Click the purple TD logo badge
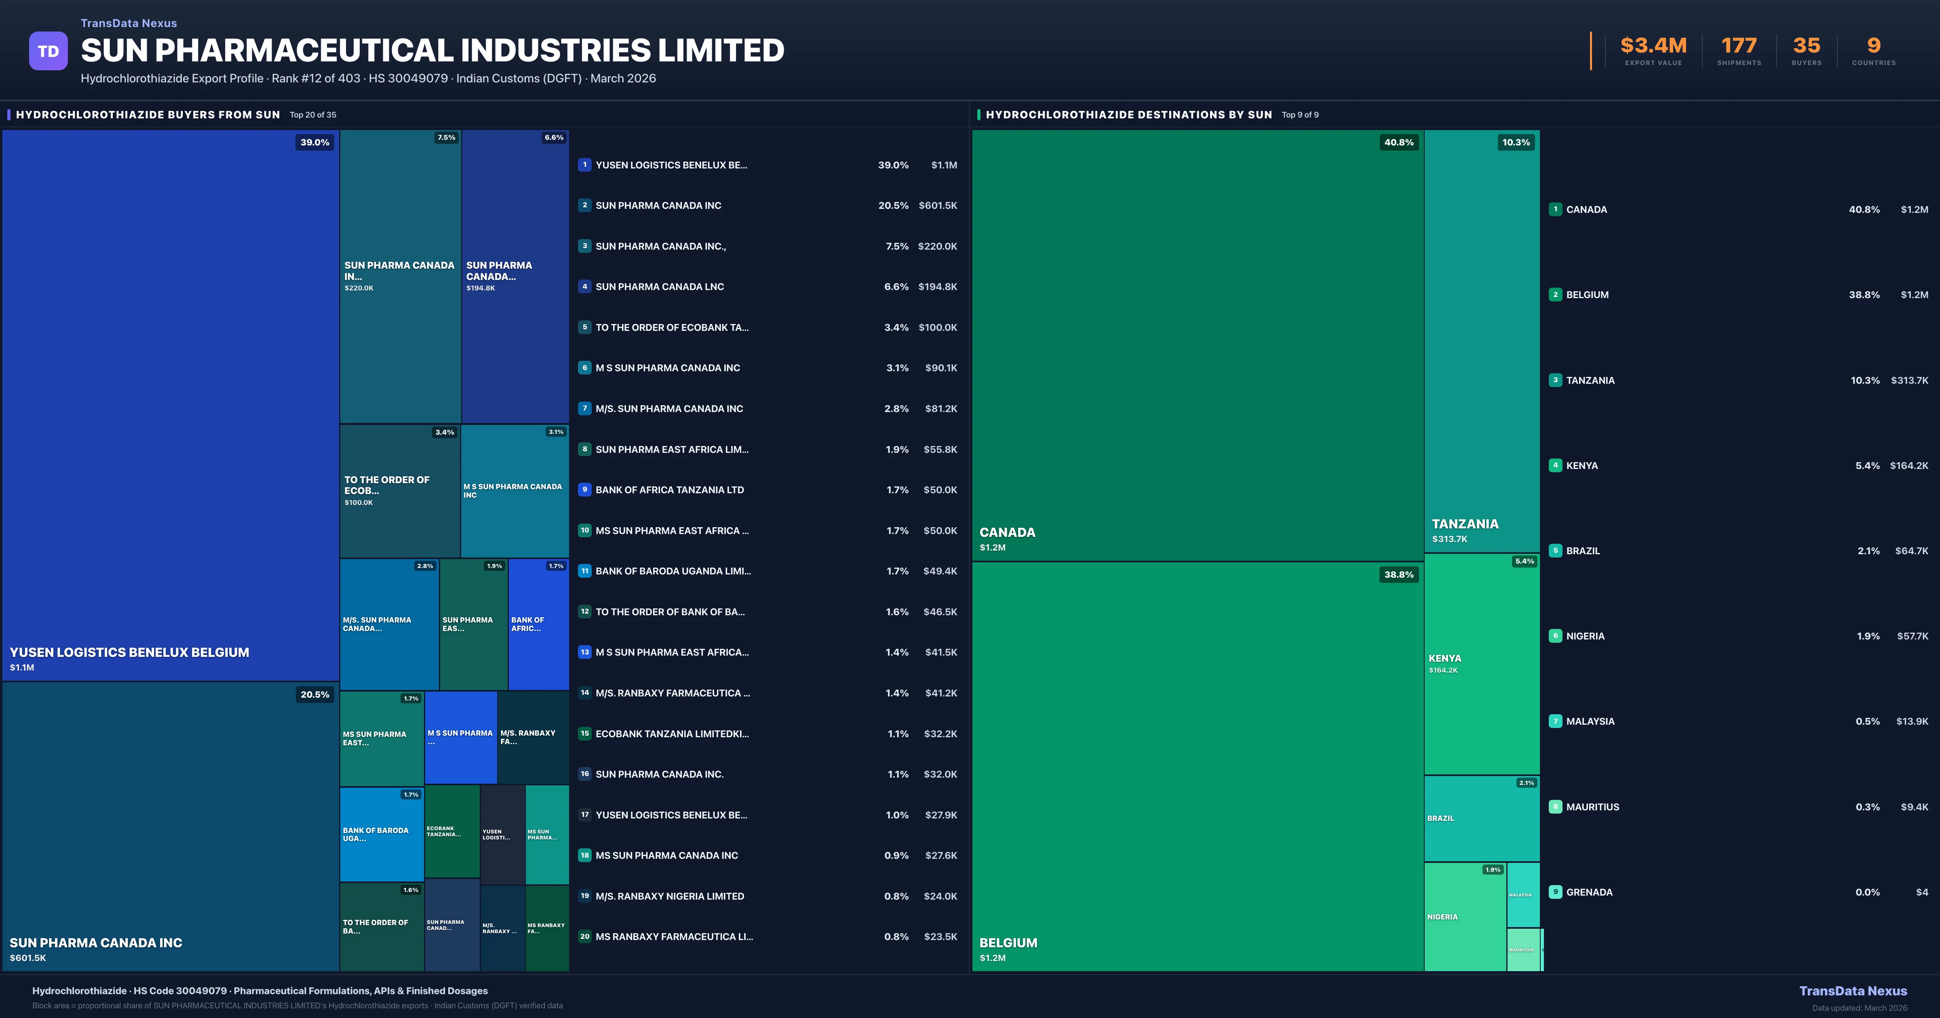48,51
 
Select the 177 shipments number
1739,46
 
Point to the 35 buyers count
1806,46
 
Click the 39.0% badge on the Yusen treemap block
315,142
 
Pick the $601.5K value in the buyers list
938,206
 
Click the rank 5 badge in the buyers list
584,328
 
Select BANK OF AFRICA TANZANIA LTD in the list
670,490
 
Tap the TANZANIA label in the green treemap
1465,524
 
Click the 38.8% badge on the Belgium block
1398,574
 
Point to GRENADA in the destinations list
1589,892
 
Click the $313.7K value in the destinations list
1909,380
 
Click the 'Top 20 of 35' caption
313,115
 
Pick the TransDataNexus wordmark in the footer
1853,991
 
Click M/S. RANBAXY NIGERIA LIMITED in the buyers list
670,896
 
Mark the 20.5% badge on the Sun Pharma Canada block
315,694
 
